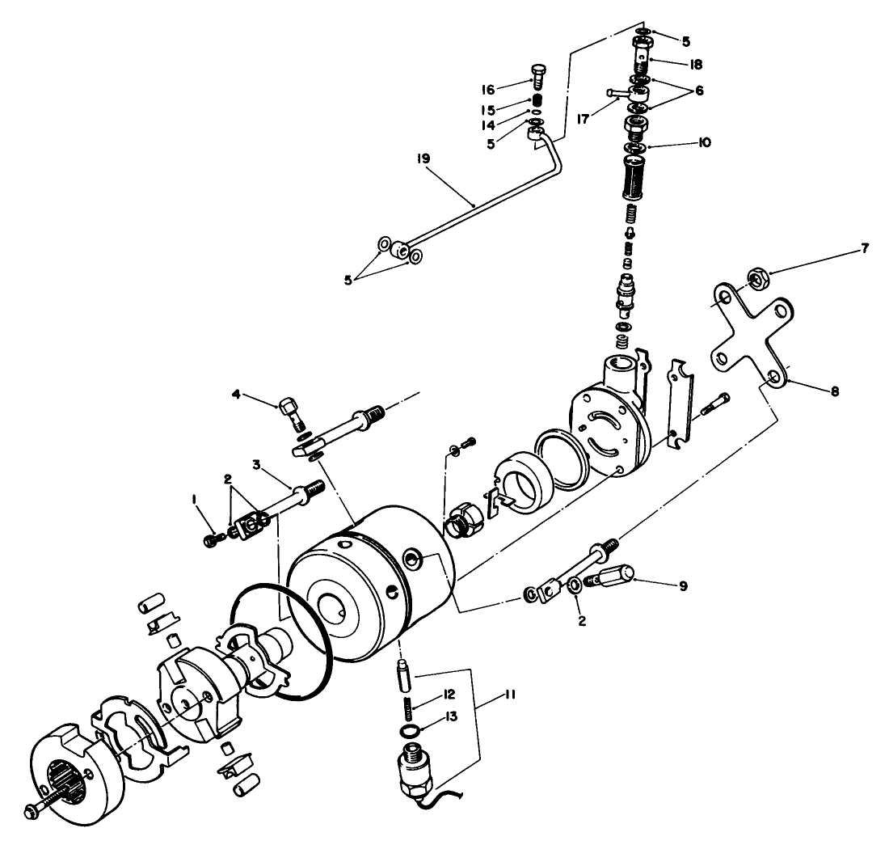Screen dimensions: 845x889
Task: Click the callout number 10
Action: pyautogui.click(x=704, y=142)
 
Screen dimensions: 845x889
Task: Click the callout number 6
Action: pyautogui.click(x=698, y=91)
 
